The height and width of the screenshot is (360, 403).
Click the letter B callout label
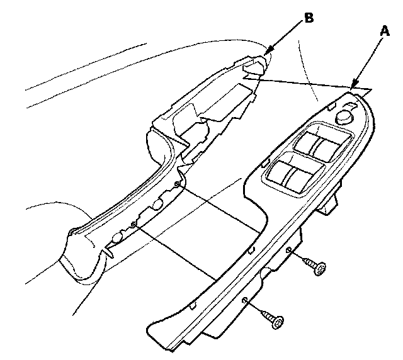[309, 18]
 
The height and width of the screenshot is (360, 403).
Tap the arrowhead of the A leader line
[354, 86]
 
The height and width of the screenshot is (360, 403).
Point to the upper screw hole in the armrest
[178, 184]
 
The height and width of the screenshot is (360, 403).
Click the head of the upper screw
[320, 269]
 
